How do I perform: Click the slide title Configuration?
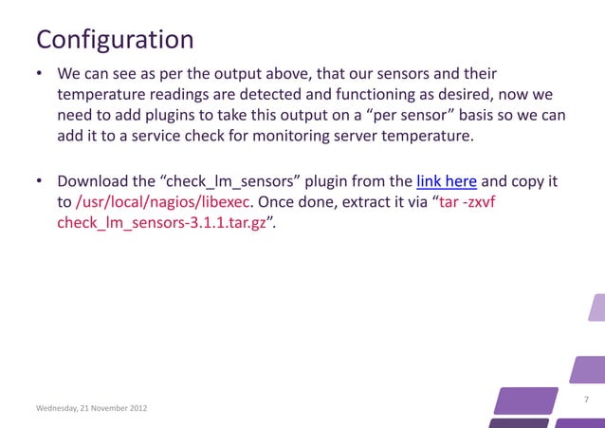(x=114, y=40)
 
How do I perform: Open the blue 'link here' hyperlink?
(x=447, y=180)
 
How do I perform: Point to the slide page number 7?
(x=586, y=400)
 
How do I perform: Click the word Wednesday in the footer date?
(x=58, y=408)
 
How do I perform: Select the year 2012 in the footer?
(x=136, y=408)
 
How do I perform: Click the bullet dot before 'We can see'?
(x=40, y=74)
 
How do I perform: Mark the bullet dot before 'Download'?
(x=40, y=181)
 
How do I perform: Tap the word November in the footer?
(x=104, y=408)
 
